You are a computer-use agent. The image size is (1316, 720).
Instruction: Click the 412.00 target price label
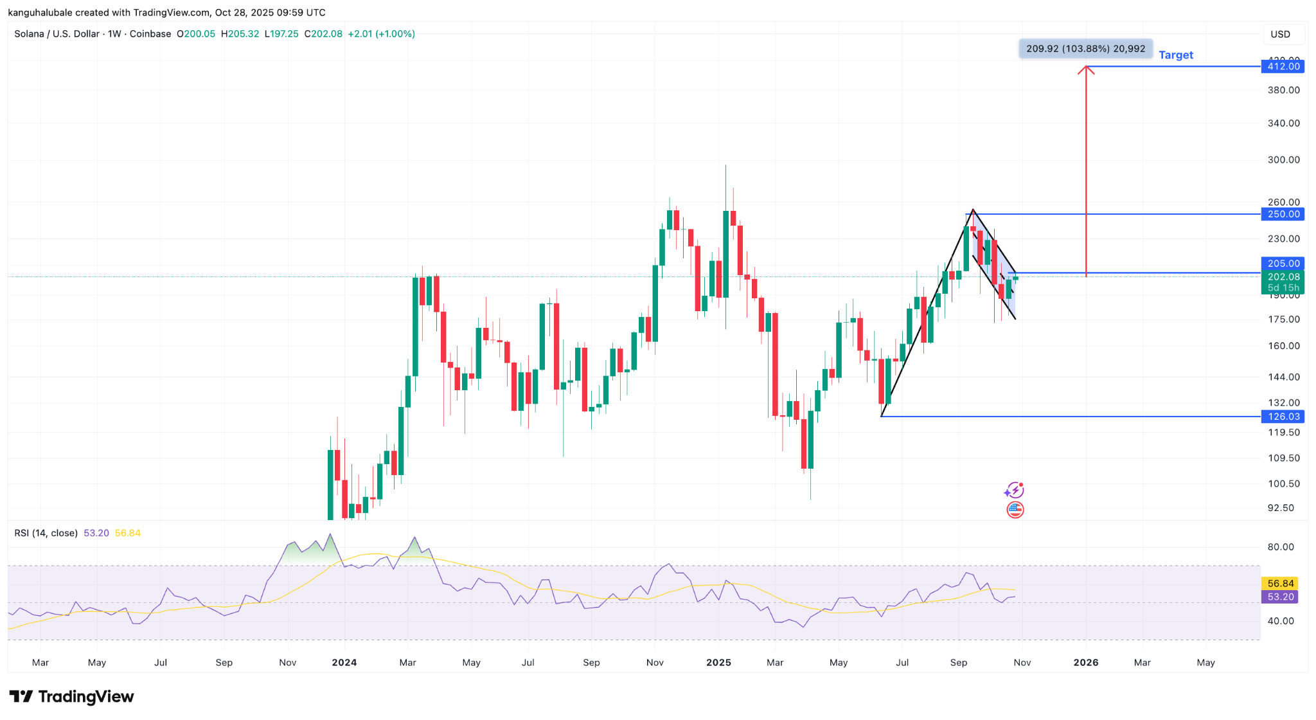[x=1283, y=66]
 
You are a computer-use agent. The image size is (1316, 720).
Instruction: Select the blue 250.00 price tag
[x=1283, y=214]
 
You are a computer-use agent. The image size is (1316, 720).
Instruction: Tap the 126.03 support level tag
[x=1283, y=417]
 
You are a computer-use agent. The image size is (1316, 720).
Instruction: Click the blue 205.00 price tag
[x=1283, y=264]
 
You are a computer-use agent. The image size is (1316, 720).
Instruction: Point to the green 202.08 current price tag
[x=1283, y=277]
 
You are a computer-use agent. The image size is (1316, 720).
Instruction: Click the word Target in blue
[x=1175, y=55]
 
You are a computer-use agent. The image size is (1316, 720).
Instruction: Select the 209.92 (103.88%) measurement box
[x=1085, y=49]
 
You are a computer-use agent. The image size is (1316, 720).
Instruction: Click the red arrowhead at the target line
[x=1086, y=69]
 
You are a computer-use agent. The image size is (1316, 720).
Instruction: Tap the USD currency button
[x=1280, y=34]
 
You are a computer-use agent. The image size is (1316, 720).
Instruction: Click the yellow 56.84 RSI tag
[x=1280, y=584]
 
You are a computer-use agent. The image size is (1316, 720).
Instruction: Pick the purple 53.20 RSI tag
[x=1280, y=597]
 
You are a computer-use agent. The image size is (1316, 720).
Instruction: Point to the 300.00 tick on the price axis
[x=1283, y=160]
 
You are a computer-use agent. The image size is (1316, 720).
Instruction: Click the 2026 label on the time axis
[x=1086, y=663]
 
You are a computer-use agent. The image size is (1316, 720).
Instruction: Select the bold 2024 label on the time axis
[x=344, y=663]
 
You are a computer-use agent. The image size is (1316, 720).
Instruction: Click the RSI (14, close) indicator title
[x=46, y=533]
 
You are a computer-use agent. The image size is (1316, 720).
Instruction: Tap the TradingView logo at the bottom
[x=71, y=697]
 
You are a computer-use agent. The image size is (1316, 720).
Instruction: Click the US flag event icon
[x=1015, y=510]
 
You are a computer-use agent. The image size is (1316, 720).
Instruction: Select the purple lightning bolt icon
[x=1014, y=491]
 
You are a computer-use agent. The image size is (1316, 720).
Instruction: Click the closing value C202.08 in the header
[x=323, y=34]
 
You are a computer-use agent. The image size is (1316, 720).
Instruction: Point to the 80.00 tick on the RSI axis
[x=1280, y=547]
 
